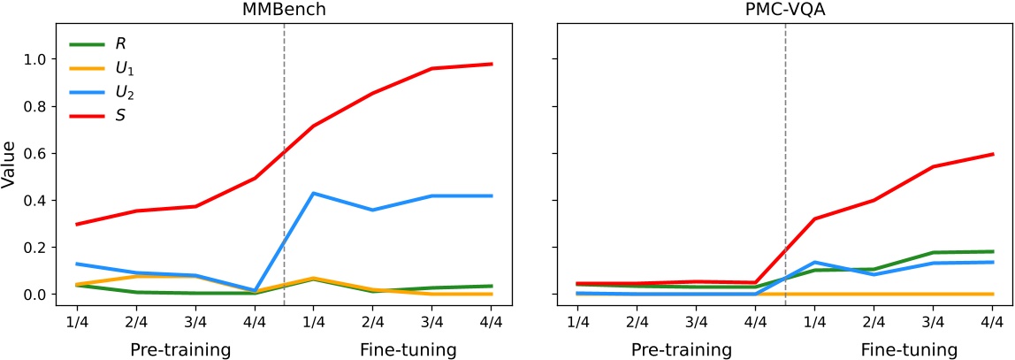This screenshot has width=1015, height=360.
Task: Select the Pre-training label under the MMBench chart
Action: tap(180, 349)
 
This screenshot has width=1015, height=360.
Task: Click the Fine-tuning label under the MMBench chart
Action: tap(408, 349)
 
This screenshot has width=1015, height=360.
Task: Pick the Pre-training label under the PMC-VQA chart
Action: tap(682, 349)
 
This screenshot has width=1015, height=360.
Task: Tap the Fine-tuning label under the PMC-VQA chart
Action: tap(909, 349)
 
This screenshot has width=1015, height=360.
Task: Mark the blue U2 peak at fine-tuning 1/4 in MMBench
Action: tap(314, 193)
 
